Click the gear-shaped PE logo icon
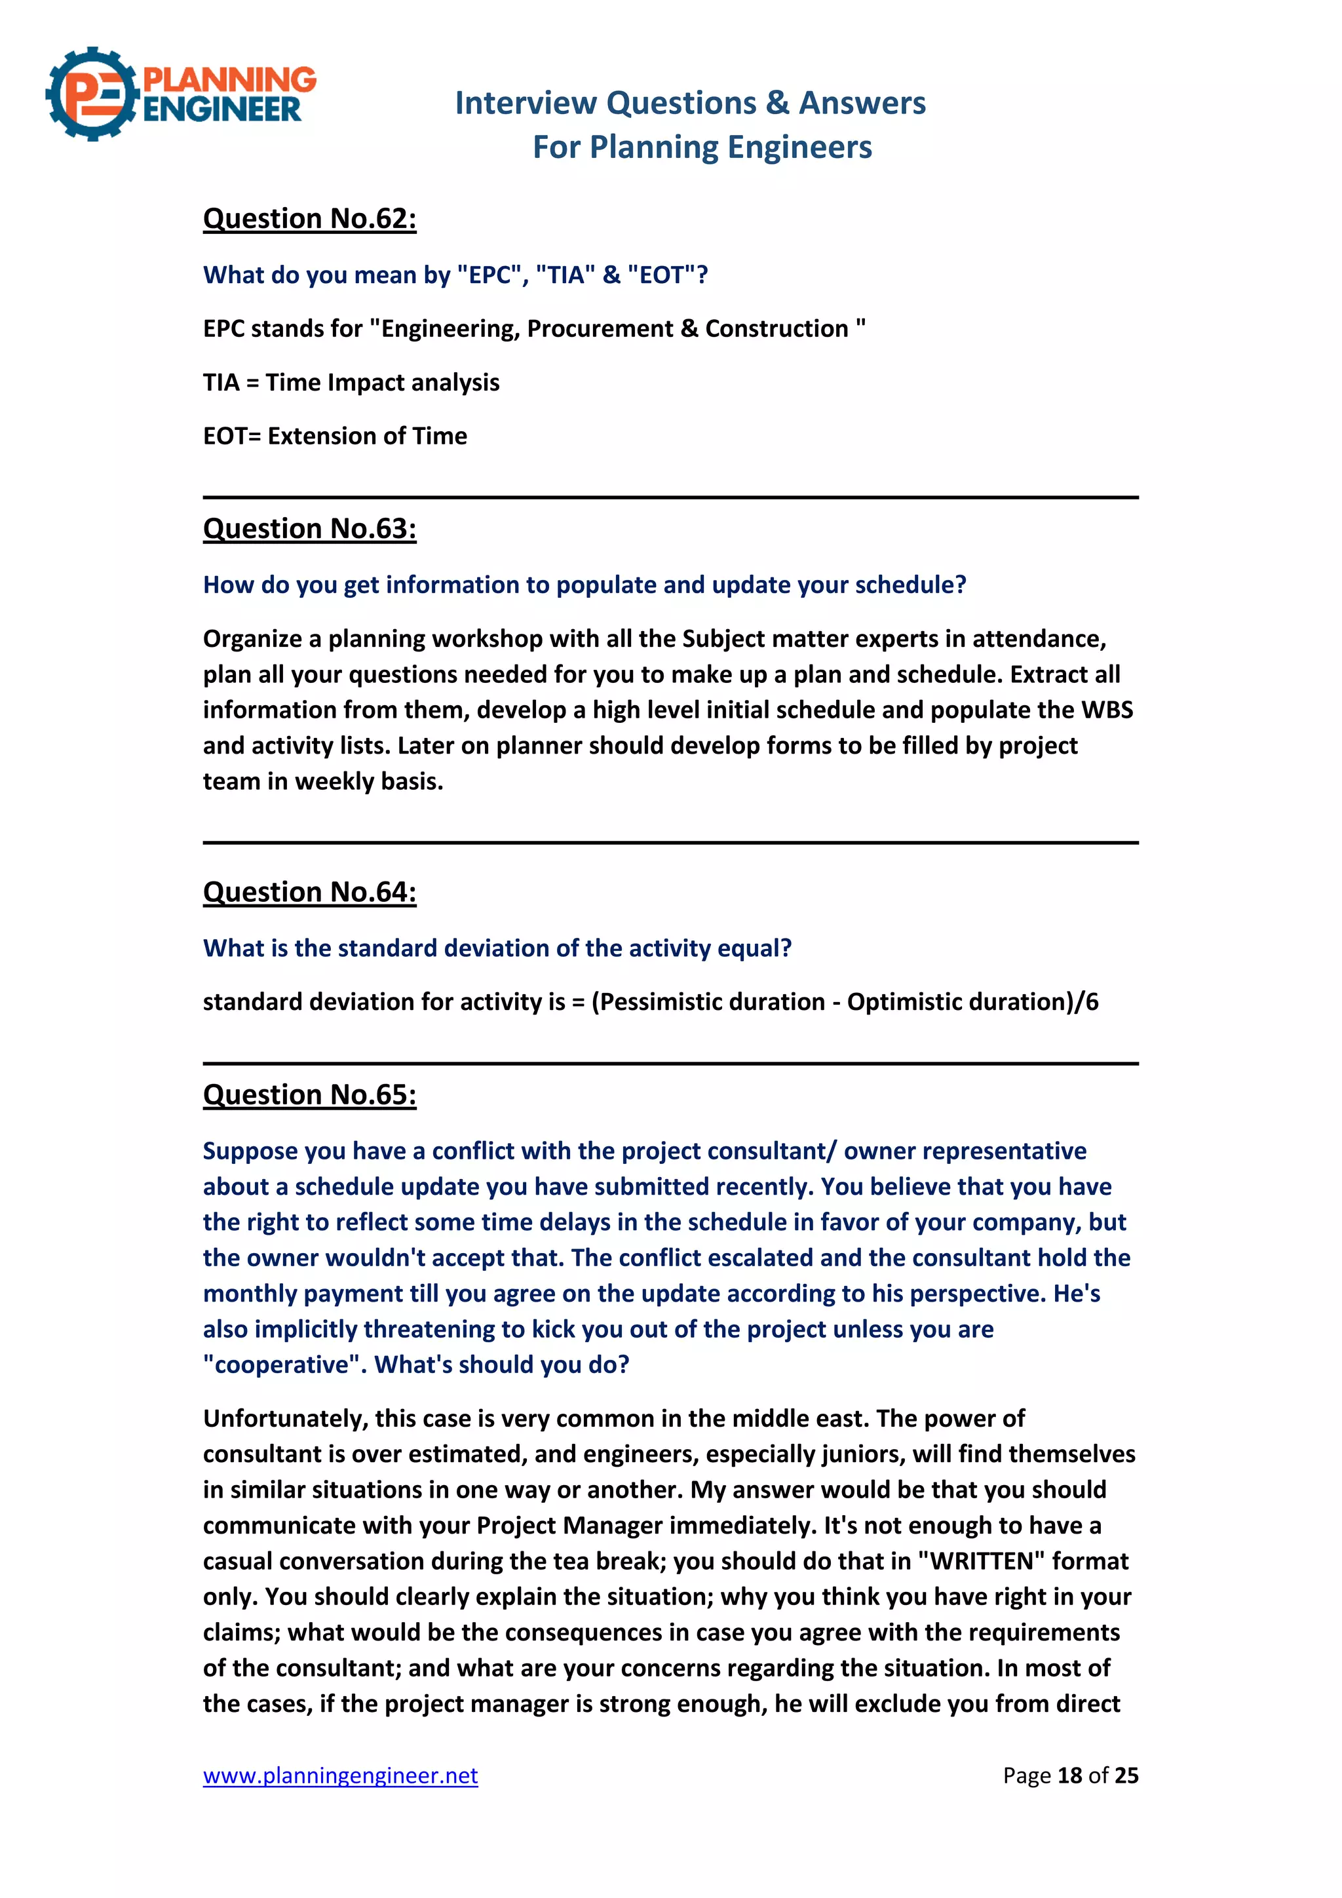point(91,94)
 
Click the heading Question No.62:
point(309,218)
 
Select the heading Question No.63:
point(309,528)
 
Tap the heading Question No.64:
point(309,892)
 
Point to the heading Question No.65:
point(309,1094)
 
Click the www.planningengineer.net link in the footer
point(341,1775)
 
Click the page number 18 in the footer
point(1069,1775)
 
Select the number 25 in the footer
point(1126,1775)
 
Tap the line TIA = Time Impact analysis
point(351,383)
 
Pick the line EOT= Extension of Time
point(335,436)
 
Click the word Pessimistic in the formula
point(658,1002)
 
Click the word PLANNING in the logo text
point(230,79)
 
